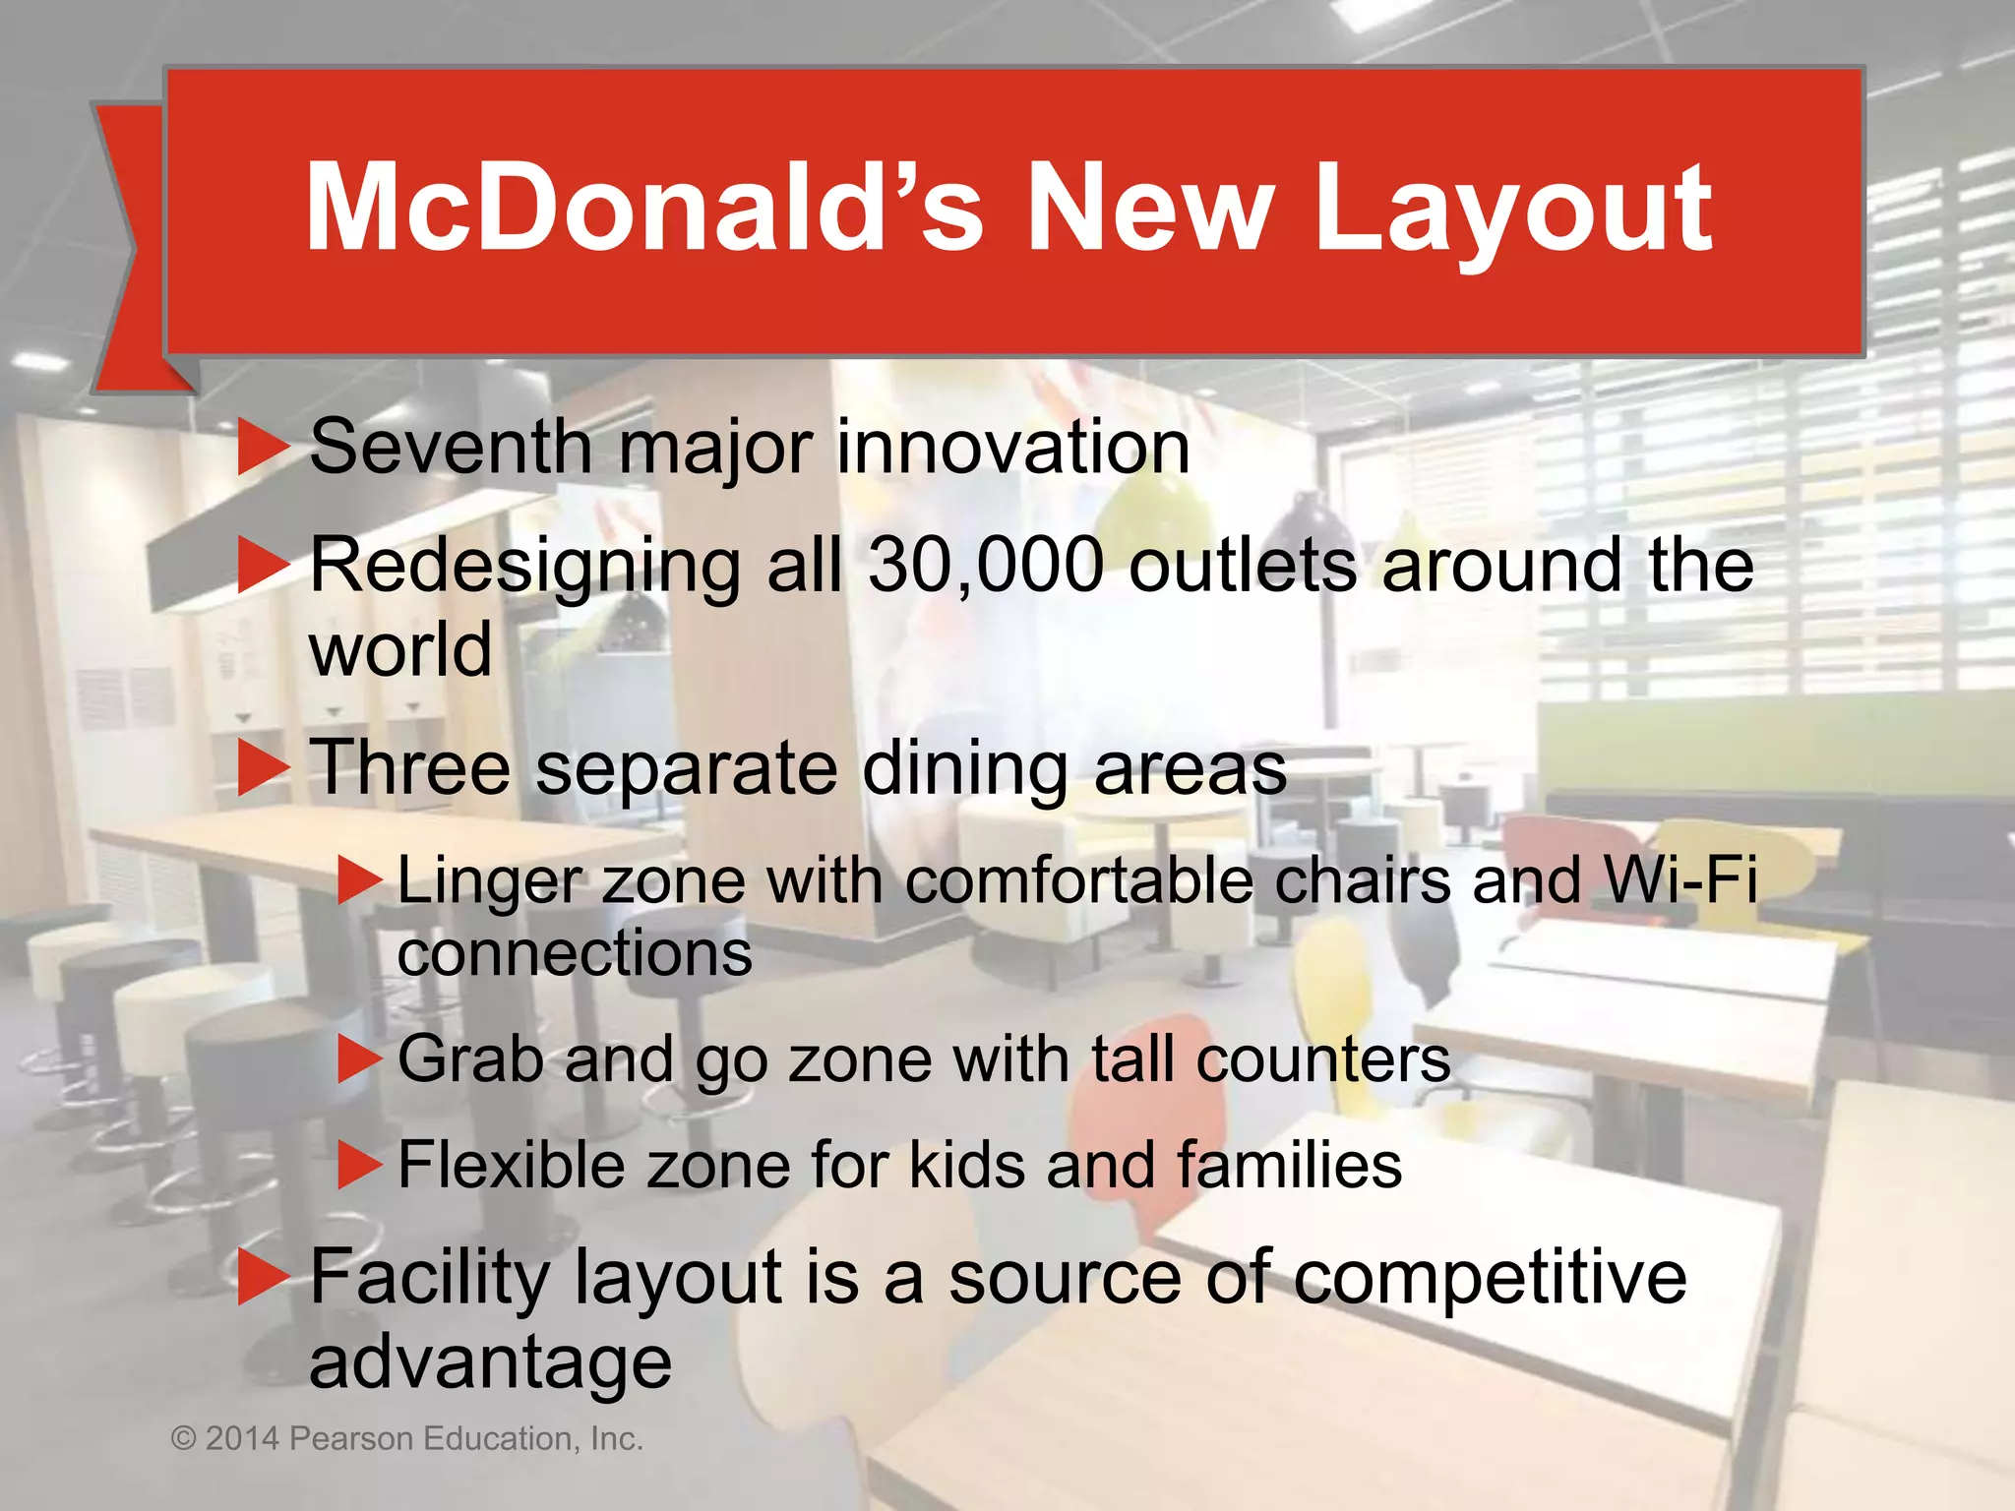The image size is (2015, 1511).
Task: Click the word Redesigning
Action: point(525,569)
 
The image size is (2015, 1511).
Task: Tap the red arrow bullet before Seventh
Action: point(263,448)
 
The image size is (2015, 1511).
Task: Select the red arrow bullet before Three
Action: point(263,768)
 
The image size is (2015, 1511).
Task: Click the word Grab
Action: point(470,1060)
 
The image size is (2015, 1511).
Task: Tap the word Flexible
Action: point(511,1166)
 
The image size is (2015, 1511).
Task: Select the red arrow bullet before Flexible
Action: point(358,1166)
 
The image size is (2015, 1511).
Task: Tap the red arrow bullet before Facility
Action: point(263,1278)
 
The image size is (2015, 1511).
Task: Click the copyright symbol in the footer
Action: point(184,1439)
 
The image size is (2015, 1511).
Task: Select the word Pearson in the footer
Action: point(351,1439)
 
